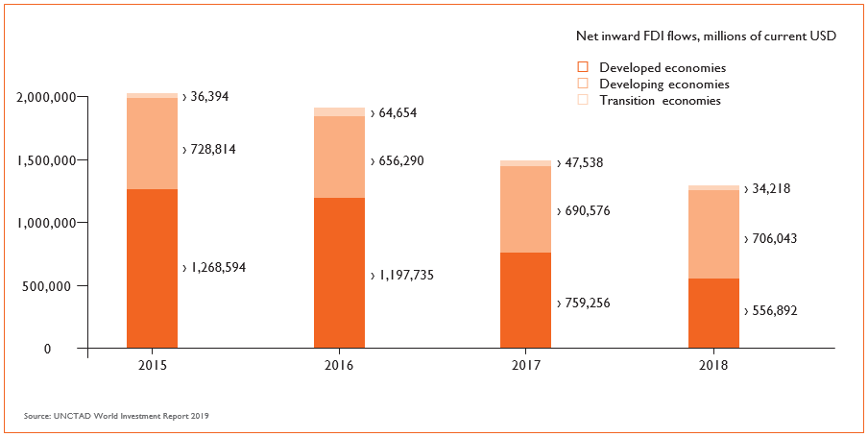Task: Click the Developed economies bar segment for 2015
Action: coord(152,268)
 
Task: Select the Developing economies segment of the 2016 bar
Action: coord(339,157)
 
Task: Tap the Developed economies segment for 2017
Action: coord(525,300)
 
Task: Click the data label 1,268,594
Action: coord(218,268)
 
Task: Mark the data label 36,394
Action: coord(208,97)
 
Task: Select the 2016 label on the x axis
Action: coord(339,366)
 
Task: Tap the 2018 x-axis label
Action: coord(713,366)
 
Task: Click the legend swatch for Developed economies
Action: coord(582,67)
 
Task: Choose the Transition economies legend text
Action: coord(659,100)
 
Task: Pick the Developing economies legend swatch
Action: coord(582,84)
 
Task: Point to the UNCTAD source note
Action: coord(116,416)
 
